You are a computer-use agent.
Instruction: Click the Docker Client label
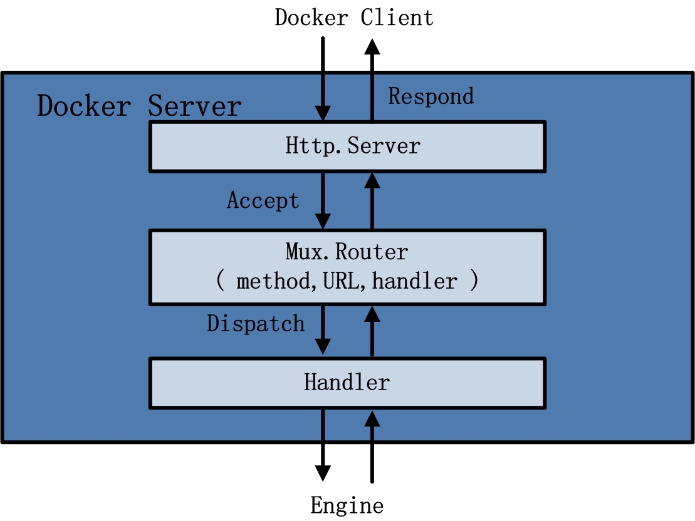pos(354,17)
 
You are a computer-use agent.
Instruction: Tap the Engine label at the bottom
pos(347,505)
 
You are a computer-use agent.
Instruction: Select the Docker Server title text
pos(139,106)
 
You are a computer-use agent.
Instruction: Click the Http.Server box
pos(347,146)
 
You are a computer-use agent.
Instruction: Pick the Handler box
pos(347,382)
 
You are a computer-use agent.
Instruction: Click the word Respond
pos(431,96)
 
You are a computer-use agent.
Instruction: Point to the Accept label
pos(263,200)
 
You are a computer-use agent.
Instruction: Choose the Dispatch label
pos(256,323)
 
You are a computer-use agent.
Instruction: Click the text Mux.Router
pos(347,252)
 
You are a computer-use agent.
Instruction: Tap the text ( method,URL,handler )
pos(347,281)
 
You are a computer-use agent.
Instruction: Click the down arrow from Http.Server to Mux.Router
pos(323,200)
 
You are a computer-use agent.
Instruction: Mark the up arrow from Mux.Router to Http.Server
pos(372,200)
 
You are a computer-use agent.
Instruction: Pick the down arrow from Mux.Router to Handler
pos(323,329)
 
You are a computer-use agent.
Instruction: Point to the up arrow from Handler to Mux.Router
pos(372,329)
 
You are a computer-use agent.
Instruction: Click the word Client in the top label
pos(397,17)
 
